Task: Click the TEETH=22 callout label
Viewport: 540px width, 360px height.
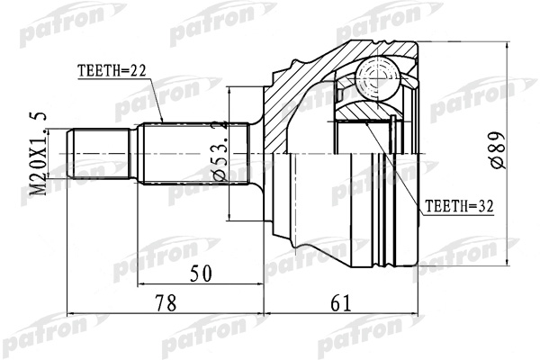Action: pyautogui.click(x=112, y=70)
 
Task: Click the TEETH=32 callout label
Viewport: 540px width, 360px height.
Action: pyautogui.click(x=459, y=206)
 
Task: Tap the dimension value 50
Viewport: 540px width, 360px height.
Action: pyautogui.click(x=201, y=274)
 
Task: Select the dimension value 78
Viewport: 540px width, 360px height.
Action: pyautogui.click(x=166, y=303)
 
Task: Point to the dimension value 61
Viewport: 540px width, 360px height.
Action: pyautogui.click(x=340, y=303)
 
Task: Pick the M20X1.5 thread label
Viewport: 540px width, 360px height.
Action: pyautogui.click(x=38, y=154)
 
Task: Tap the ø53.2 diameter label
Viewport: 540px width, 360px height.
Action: pyautogui.click(x=220, y=150)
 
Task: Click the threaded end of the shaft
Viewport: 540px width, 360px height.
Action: pyautogui.click(x=98, y=154)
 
